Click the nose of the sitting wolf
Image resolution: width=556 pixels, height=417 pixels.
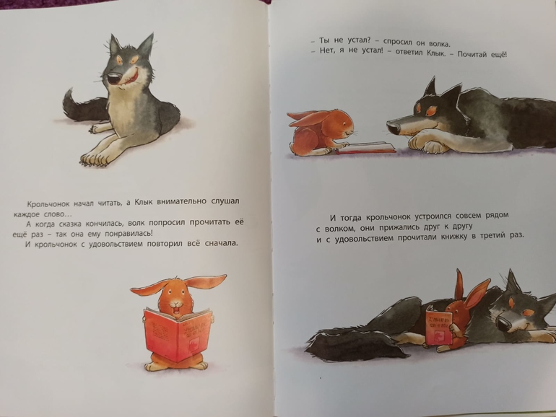(x=116, y=79)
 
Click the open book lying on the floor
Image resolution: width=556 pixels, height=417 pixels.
(x=366, y=147)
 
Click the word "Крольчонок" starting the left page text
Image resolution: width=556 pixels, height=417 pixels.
(x=49, y=204)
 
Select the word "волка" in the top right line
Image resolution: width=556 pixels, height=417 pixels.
(x=439, y=44)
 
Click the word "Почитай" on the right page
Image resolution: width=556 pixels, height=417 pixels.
(x=472, y=55)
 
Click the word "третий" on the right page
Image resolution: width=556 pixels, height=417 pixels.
(x=493, y=237)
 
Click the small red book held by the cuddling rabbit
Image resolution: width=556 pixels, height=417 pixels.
(x=439, y=328)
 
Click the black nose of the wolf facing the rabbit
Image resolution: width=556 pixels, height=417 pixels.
(x=393, y=126)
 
